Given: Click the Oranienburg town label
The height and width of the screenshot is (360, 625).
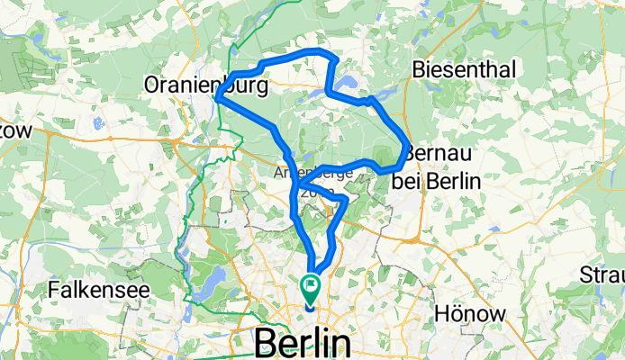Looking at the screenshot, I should coord(206,86).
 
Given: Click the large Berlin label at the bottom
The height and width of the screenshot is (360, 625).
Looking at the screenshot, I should coord(303,343).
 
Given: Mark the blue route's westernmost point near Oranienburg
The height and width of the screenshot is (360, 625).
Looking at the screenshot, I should coord(218,100).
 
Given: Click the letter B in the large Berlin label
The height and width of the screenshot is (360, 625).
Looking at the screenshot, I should coord(269,343).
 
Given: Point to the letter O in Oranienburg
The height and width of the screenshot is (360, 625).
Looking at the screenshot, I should coord(153,86).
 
